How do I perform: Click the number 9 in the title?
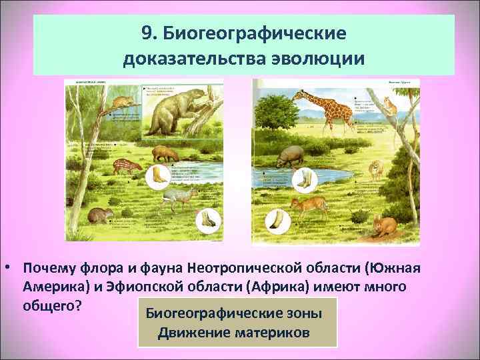click(147, 33)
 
